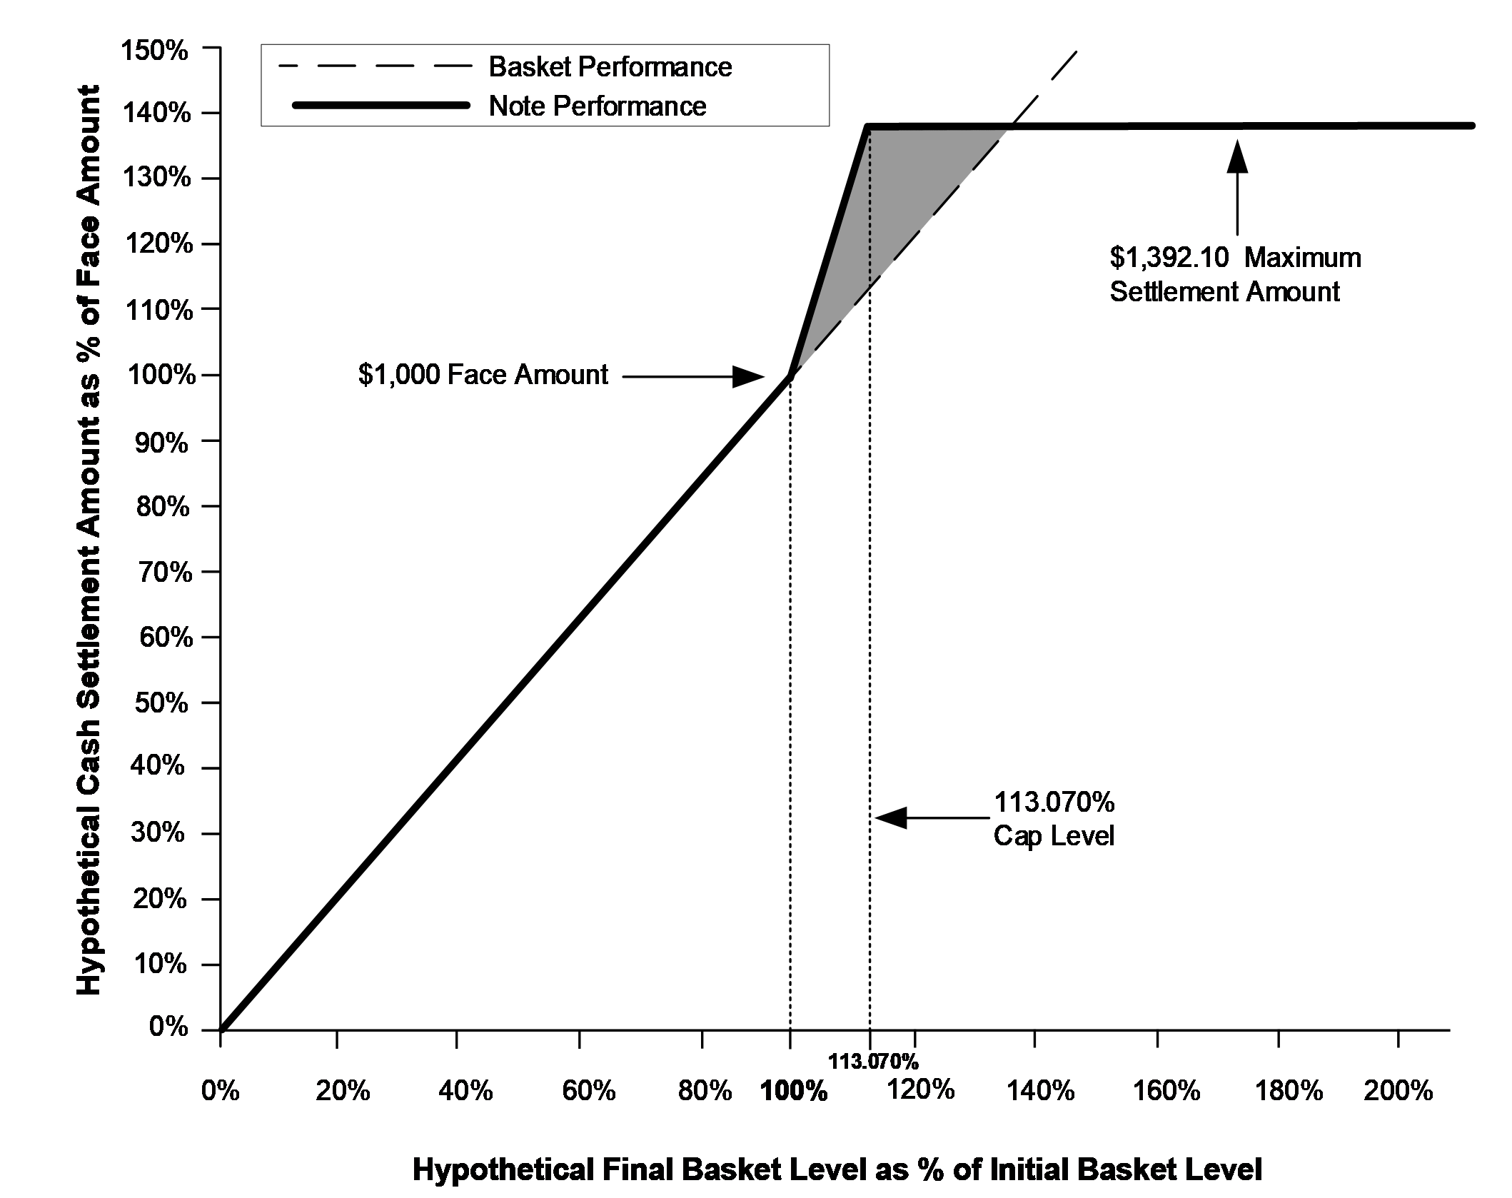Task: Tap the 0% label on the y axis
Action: (x=169, y=1027)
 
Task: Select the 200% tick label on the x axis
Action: (x=1398, y=1090)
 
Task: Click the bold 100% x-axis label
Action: (x=794, y=1092)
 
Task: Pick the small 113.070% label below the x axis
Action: (x=873, y=1062)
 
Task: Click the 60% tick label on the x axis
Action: (x=588, y=1091)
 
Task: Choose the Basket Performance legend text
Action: (x=610, y=66)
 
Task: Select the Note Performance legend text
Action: (x=598, y=106)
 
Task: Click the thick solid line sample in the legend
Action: (x=380, y=106)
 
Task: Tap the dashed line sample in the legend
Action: (x=376, y=66)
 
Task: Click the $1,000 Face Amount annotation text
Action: (x=483, y=374)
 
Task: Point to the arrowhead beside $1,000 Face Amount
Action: (x=749, y=376)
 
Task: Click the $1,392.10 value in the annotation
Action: (x=1169, y=257)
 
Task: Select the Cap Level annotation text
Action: (x=1054, y=835)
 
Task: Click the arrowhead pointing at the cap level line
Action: (x=891, y=817)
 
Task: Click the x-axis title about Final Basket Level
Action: (x=837, y=1169)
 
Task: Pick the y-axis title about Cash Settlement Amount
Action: (x=89, y=540)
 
